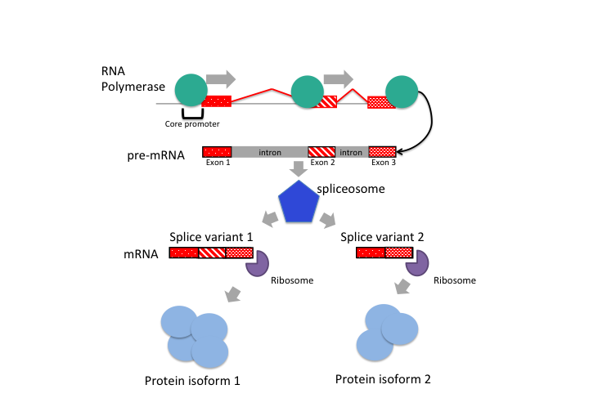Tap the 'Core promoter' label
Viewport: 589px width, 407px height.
192,124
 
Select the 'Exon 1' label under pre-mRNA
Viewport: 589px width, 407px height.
217,163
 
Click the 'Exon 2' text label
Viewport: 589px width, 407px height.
321,163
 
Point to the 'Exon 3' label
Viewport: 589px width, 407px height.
383,163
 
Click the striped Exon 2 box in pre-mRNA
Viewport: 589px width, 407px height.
321,152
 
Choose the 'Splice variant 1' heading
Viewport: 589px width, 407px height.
211,237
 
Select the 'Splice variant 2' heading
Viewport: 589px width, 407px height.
383,237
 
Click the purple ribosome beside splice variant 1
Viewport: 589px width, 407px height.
258,263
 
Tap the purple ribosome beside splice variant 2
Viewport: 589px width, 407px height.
418,263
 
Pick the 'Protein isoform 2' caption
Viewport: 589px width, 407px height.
383,379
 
